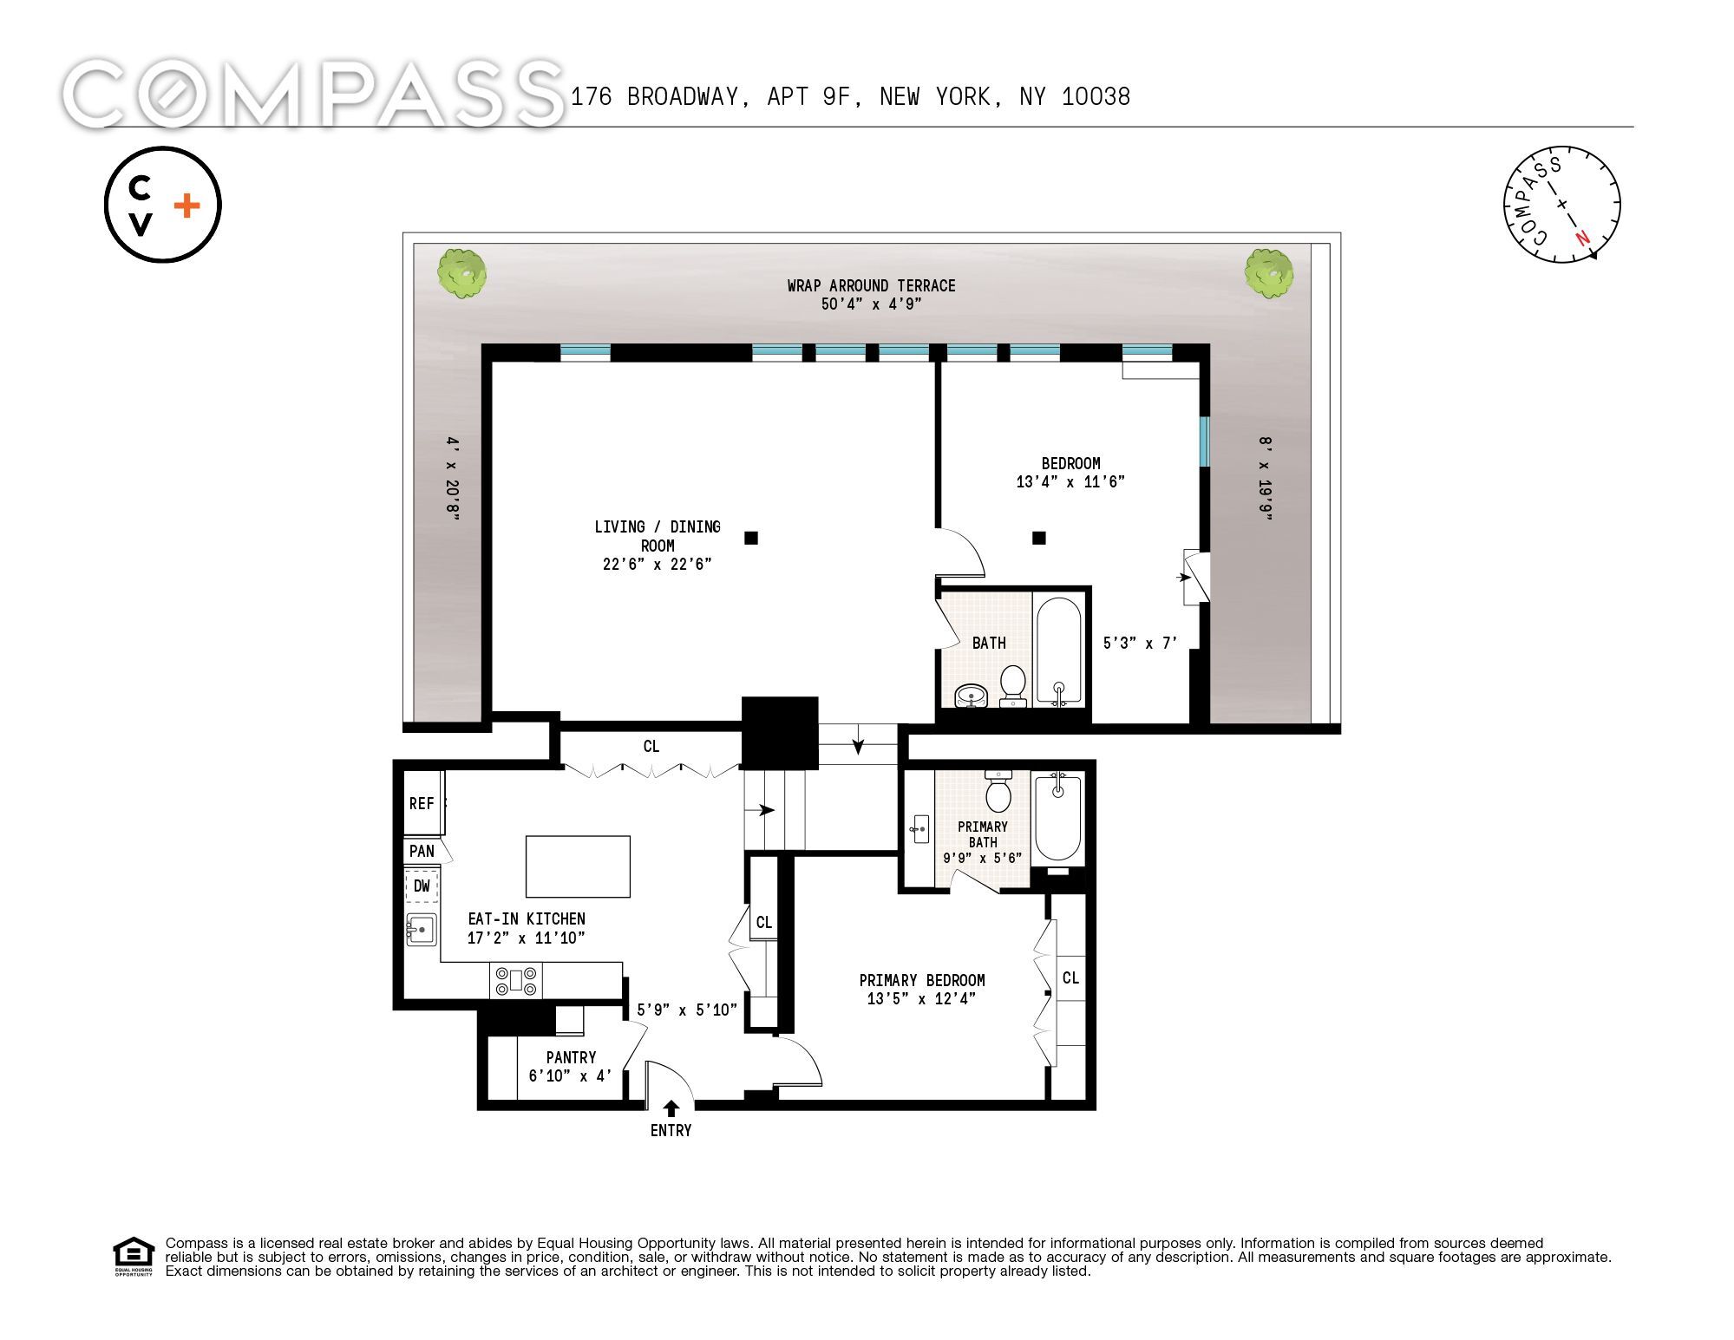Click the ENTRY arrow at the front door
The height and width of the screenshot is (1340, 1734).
671,1108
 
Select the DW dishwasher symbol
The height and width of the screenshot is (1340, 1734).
422,886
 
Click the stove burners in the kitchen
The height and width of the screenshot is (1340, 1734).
516,980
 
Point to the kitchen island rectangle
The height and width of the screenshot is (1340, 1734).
578,866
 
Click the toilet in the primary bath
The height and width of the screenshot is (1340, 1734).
999,790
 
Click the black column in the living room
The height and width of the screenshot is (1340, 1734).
751,538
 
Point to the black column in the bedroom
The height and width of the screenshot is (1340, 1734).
1038,538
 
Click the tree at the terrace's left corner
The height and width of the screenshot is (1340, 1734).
461,273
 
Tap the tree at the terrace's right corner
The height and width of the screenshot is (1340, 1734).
1269,272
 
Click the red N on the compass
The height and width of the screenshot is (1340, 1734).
1583,238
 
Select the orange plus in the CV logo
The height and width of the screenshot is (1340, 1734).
186,206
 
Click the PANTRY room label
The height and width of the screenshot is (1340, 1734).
571,1057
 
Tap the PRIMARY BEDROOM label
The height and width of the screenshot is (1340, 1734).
922,980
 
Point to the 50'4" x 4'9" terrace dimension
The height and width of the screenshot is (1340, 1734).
871,304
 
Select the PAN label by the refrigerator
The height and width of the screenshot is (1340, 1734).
422,851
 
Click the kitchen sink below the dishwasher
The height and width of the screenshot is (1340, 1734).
422,930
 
